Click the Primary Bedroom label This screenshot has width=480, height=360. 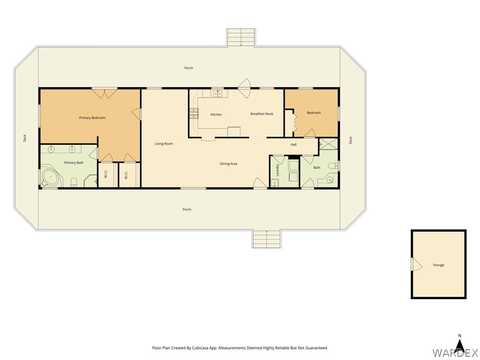92,118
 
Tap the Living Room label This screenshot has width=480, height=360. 164,143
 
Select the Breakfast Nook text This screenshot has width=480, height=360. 262,114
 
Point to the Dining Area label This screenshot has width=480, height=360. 228,164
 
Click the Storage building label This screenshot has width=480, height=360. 438,265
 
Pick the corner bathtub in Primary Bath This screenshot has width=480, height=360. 51,177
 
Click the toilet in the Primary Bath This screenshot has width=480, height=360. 74,182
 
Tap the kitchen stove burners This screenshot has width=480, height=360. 194,113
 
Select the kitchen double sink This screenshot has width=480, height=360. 218,93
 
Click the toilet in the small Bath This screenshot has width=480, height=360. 332,166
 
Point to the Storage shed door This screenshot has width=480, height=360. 417,265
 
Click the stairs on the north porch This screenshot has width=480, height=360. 241,37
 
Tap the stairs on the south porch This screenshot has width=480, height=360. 267,239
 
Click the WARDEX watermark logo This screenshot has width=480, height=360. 456,353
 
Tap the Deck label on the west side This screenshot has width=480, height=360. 25,138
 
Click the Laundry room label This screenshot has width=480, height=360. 277,170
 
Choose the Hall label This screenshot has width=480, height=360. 293,144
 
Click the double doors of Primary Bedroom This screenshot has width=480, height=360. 105,93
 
